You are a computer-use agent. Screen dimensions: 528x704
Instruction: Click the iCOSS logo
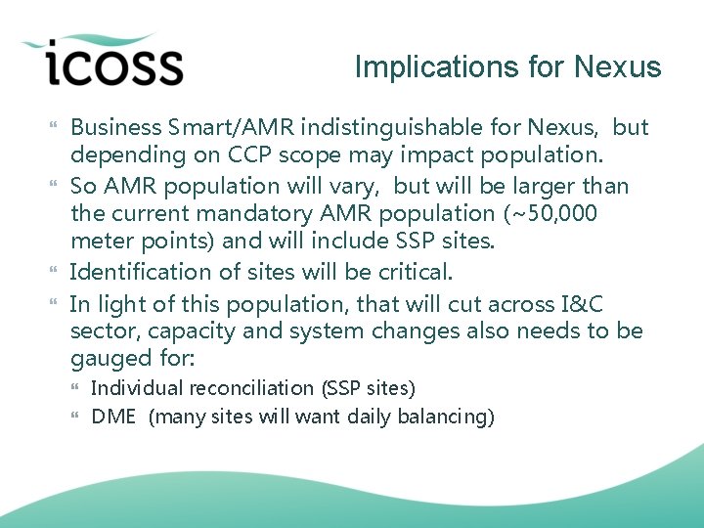pos(103,62)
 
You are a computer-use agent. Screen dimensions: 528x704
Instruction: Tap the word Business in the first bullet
pos(115,127)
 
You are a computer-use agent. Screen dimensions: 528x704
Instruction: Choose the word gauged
pos(108,359)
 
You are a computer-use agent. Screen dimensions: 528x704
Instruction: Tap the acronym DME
pos(113,418)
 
